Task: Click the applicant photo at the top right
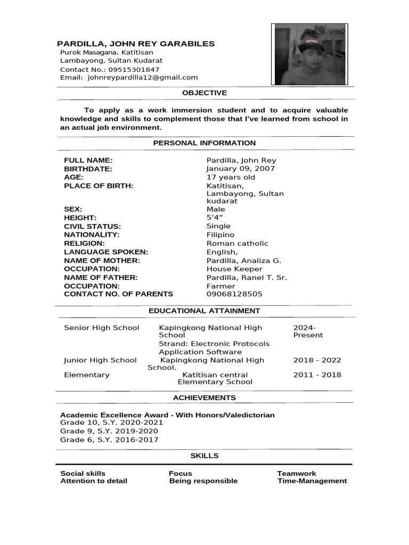coord(309,54)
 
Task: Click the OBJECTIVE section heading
coord(204,93)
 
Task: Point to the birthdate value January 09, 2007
coord(240,169)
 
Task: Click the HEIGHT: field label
coord(80,218)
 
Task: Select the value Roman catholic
coord(238,243)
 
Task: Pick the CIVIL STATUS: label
coord(92,226)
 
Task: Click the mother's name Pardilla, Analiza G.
coord(243,260)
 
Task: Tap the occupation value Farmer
coord(221,286)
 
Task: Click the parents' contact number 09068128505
coord(234,294)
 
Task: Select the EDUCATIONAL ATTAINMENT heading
coord(204,311)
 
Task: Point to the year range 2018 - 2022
coord(317,360)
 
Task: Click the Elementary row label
coord(87,375)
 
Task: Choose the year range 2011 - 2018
coord(317,375)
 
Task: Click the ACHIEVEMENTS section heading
coord(204,398)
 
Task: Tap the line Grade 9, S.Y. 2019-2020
coord(109,431)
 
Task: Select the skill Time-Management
coord(312,481)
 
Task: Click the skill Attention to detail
coord(94,481)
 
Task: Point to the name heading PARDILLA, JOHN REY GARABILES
coord(136,44)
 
